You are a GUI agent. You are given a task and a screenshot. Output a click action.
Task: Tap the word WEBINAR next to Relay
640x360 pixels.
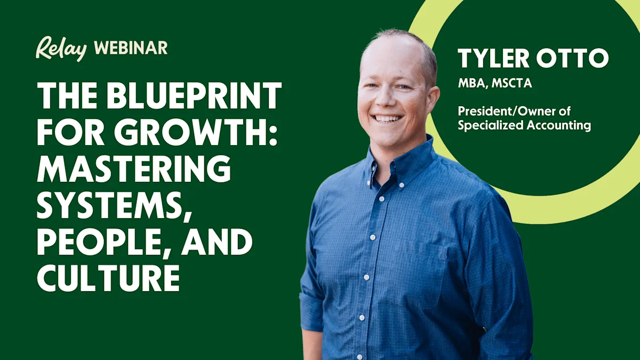(x=131, y=48)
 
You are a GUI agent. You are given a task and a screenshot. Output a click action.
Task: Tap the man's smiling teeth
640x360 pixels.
(x=388, y=118)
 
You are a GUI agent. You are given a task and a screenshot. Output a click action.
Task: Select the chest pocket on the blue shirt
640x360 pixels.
(x=421, y=277)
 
